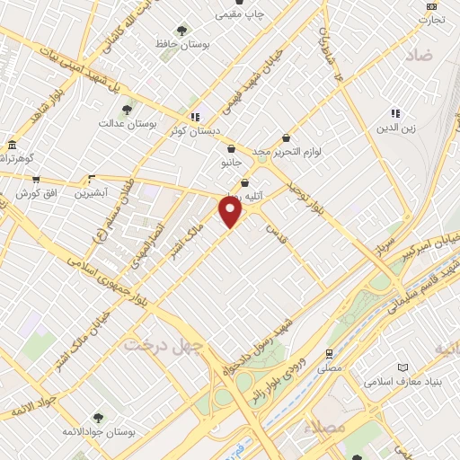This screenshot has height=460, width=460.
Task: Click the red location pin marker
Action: tap(231, 211)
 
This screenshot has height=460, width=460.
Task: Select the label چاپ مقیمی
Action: tap(238, 14)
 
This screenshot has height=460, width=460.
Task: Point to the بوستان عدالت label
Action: tap(128, 122)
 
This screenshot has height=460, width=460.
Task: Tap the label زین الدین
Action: tap(395, 127)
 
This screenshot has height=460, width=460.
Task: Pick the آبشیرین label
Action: tap(91, 192)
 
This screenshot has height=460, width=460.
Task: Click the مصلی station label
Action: tap(331, 367)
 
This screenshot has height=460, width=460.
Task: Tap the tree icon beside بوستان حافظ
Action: tap(183, 30)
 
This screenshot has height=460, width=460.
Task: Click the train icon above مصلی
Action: tap(331, 353)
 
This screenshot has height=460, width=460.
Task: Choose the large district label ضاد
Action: tap(420, 55)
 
